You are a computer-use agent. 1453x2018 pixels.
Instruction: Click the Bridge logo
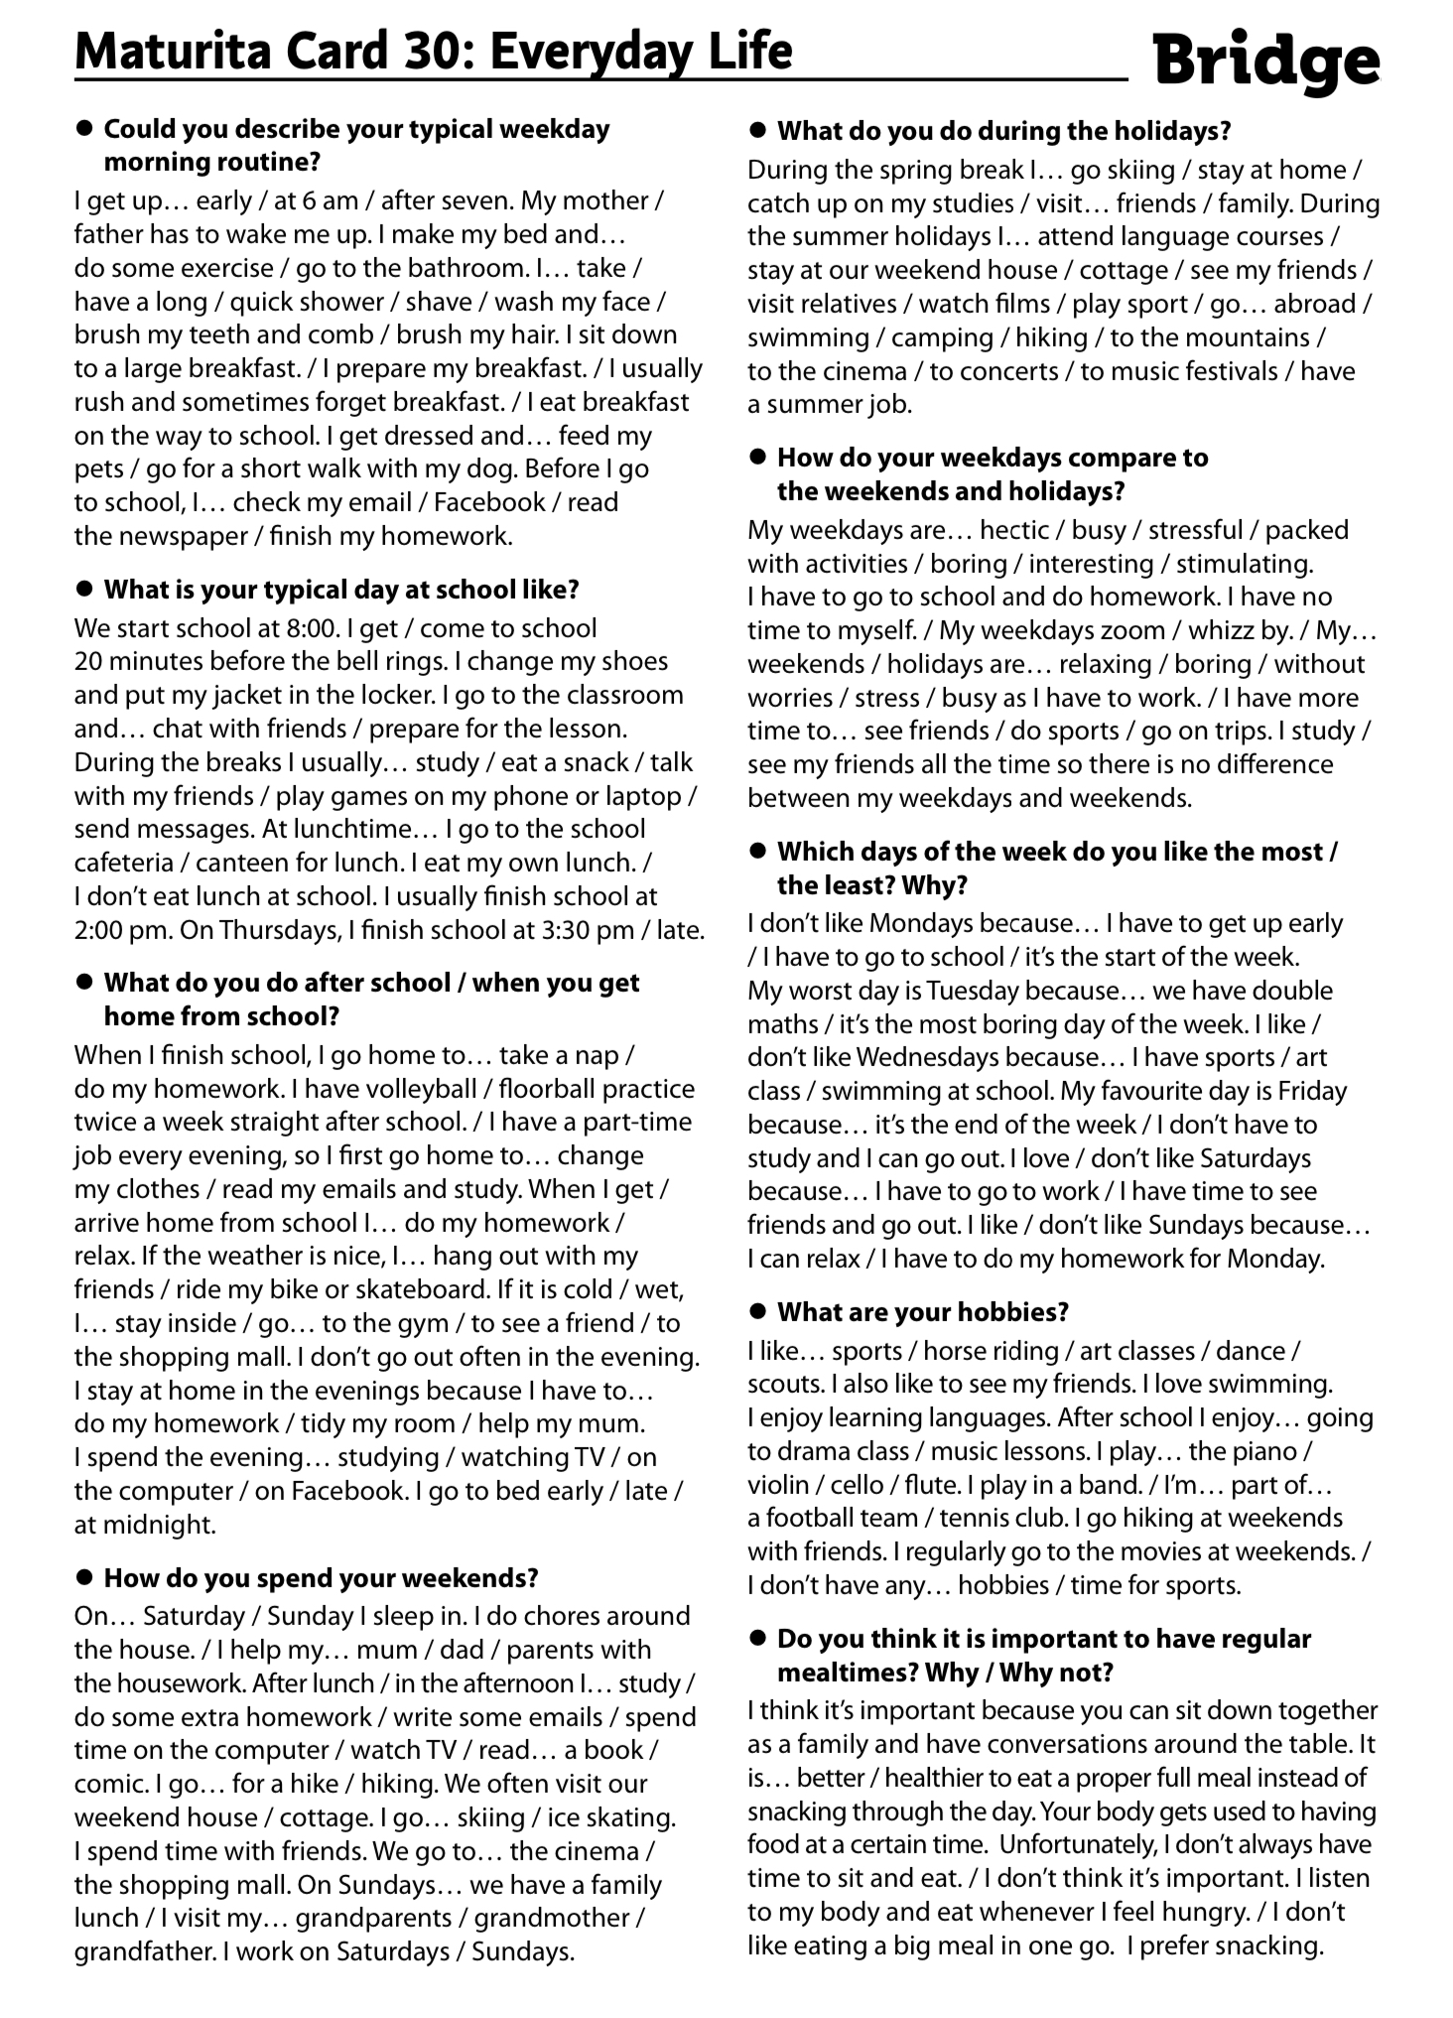tap(1266, 62)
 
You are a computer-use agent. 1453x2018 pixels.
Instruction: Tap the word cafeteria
tap(124, 863)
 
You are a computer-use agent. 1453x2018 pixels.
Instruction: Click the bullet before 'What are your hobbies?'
tap(759, 1311)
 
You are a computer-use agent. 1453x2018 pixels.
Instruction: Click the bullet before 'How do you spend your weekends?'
tap(85, 1577)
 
